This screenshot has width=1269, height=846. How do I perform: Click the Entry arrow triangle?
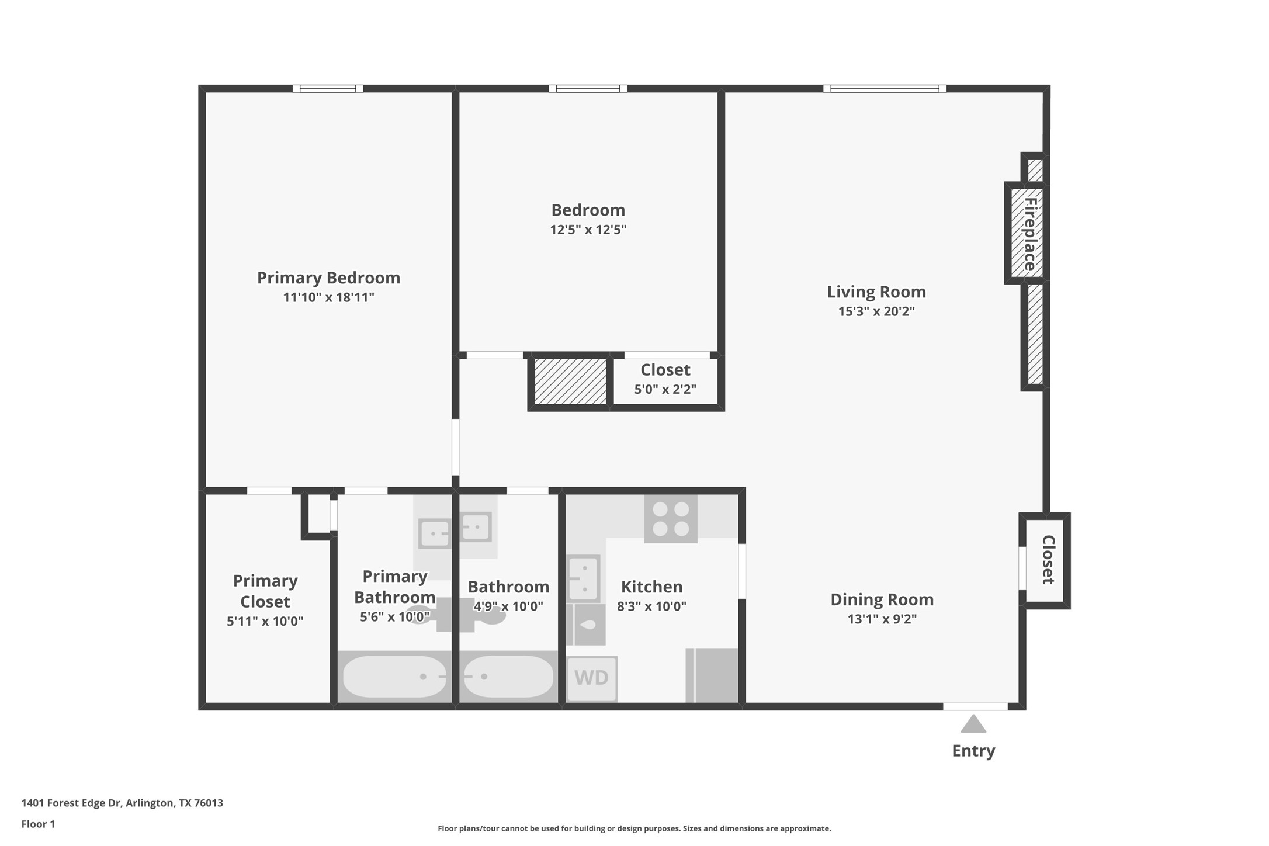point(973,725)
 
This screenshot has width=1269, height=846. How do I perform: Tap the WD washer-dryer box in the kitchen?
point(592,678)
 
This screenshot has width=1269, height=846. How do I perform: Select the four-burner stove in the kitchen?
point(671,518)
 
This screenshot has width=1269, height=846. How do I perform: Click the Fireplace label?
point(1030,234)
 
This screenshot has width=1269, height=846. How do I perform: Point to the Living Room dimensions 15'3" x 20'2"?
point(876,311)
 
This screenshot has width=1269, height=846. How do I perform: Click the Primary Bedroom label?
point(328,278)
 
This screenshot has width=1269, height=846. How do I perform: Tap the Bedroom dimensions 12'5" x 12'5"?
point(588,230)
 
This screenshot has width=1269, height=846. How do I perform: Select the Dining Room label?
point(882,599)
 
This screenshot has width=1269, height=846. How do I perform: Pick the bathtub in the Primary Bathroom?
point(394,677)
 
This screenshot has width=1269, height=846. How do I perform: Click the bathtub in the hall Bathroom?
point(508,677)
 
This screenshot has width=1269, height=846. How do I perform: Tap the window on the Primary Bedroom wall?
point(328,89)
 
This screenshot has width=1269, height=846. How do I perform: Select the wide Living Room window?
point(885,89)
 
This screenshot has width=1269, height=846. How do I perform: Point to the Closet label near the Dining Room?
point(1048,560)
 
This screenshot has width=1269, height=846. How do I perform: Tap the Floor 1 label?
point(38,824)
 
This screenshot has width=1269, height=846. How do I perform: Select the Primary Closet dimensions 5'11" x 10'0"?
point(265,621)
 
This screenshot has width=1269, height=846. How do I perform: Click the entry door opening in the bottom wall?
point(975,706)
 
